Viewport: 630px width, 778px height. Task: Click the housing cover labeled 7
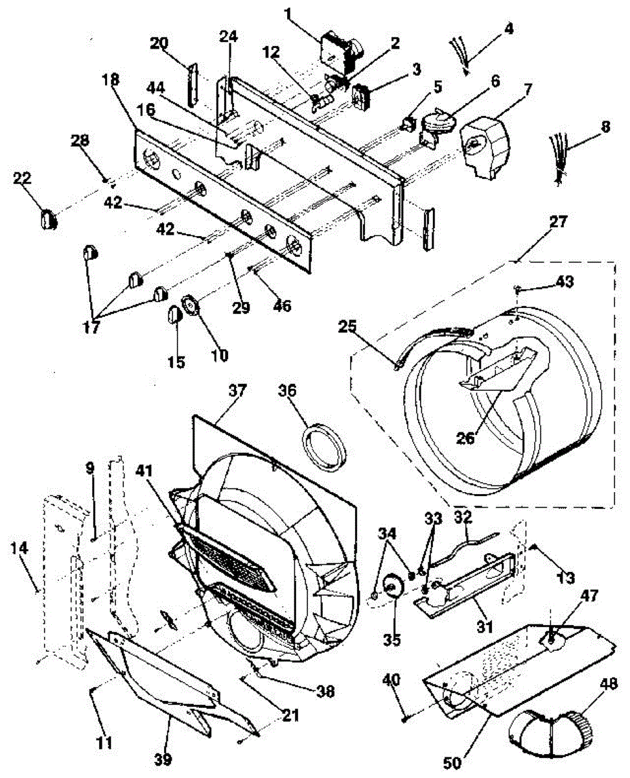pos(484,145)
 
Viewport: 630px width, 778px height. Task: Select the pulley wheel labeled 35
pos(392,587)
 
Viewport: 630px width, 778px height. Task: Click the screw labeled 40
pos(404,716)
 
